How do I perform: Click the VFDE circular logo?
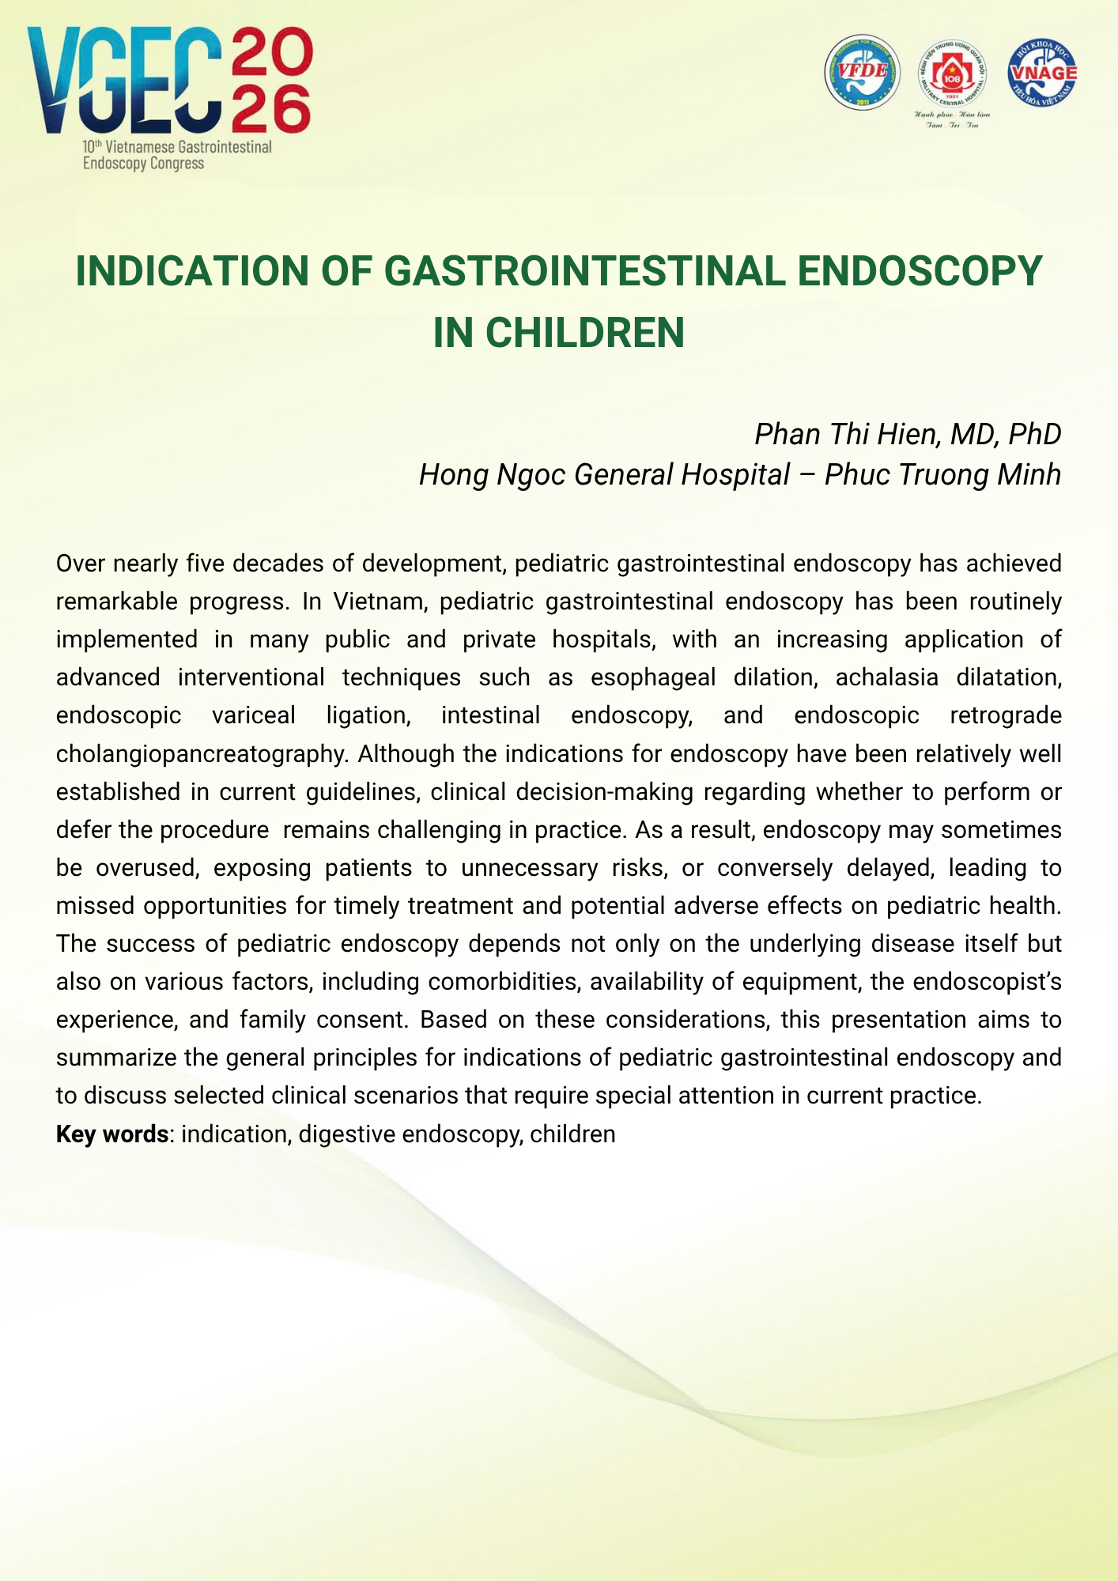point(862,72)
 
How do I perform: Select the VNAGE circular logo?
point(1042,72)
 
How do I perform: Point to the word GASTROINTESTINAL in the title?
point(585,271)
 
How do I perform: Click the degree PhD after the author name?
point(1034,434)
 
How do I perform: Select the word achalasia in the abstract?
point(887,677)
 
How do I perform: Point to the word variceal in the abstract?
point(254,715)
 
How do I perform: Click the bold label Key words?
point(111,1134)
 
